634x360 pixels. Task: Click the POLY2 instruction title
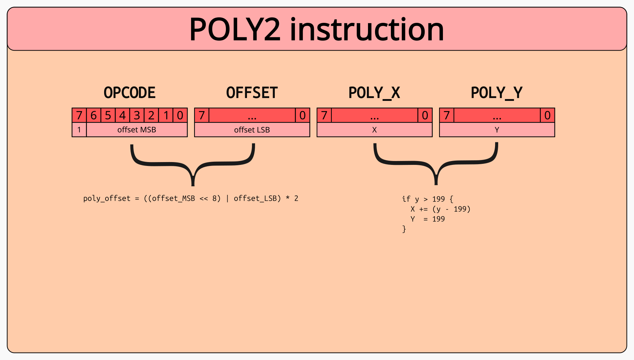pyautogui.click(x=316, y=30)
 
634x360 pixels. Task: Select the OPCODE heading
pyautogui.click(x=129, y=93)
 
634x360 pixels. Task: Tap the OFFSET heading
pyautogui.click(x=252, y=93)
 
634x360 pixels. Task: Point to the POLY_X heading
pyautogui.click(x=374, y=93)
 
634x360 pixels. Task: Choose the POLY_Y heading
pyautogui.click(x=496, y=93)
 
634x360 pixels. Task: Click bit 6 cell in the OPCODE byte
pyautogui.click(x=94, y=115)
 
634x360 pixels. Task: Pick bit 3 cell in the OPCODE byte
pyautogui.click(x=137, y=115)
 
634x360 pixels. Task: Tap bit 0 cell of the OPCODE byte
pyautogui.click(x=180, y=115)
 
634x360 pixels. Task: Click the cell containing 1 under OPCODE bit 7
pyautogui.click(x=79, y=130)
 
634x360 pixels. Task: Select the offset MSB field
pyautogui.click(x=137, y=130)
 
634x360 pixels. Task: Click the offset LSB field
pyautogui.click(x=252, y=130)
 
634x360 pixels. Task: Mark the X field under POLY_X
pyautogui.click(x=374, y=130)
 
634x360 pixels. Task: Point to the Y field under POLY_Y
pyautogui.click(x=497, y=130)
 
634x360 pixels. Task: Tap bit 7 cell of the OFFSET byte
pyautogui.click(x=202, y=115)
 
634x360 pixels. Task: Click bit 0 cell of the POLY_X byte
pyautogui.click(x=425, y=115)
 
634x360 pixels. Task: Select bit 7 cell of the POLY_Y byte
pyautogui.click(x=446, y=115)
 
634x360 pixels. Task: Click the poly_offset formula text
pyautogui.click(x=191, y=199)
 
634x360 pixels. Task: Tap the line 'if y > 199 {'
pyautogui.click(x=427, y=199)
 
